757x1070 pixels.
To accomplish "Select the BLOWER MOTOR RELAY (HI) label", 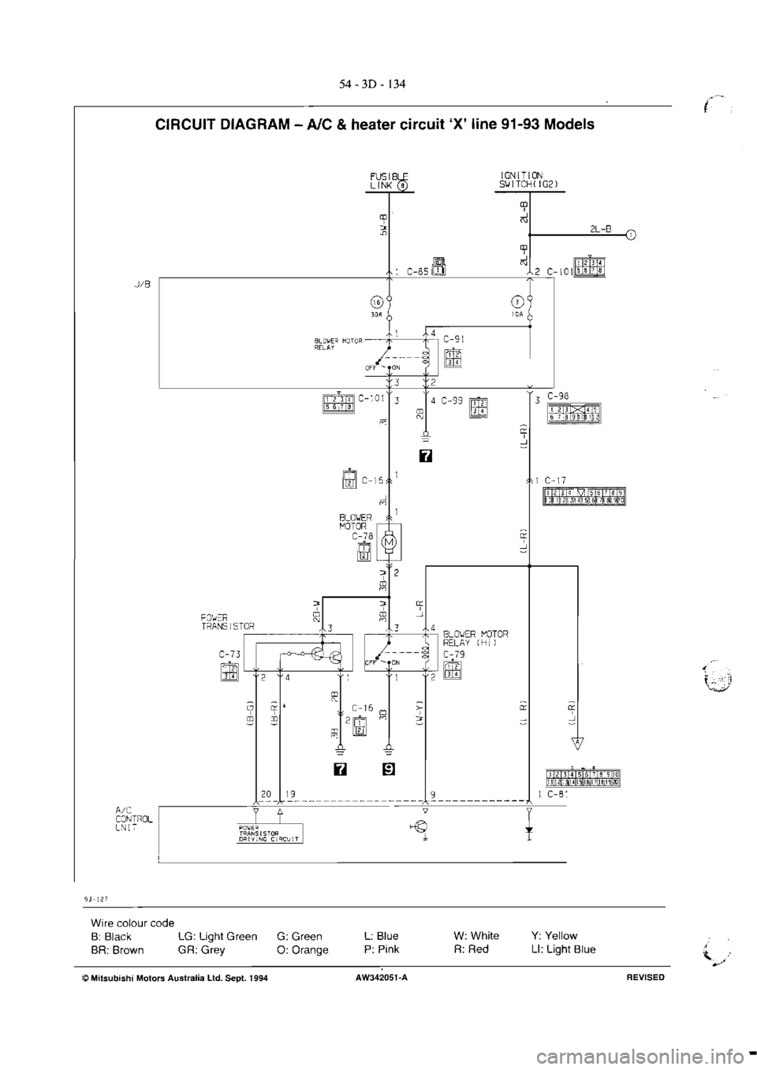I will [x=476, y=637].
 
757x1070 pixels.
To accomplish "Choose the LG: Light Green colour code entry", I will [x=217, y=936].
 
